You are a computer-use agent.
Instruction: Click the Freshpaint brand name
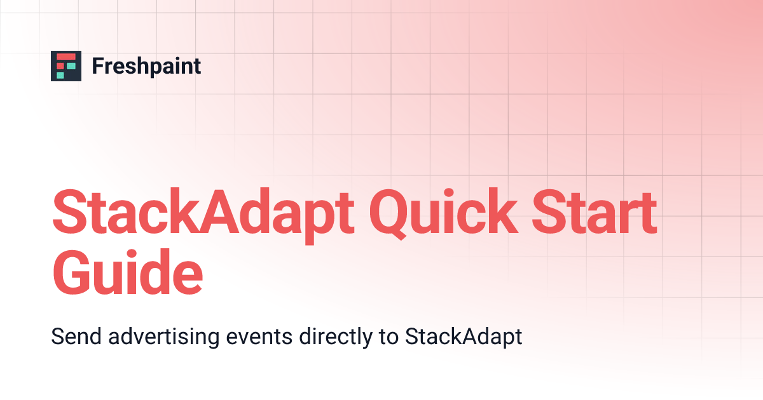[x=146, y=66]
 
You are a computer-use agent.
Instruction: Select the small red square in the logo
[x=60, y=66]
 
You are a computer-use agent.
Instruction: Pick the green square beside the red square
[x=71, y=66]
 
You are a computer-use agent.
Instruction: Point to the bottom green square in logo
[x=60, y=75]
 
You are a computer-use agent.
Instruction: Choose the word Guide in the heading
[x=127, y=273]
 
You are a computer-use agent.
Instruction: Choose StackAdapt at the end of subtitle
[x=464, y=337]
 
